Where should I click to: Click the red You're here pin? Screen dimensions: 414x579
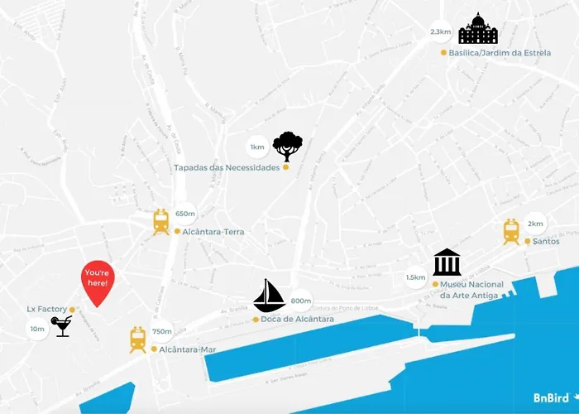[x=98, y=281]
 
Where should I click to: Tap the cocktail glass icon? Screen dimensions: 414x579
[x=61, y=326]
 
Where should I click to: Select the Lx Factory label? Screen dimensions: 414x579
[x=46, y=309]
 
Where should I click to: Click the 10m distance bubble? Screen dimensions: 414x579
[x=37, y=329]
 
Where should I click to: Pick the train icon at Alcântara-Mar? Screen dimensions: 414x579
[x=137, y=339]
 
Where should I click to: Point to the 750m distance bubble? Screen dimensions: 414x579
[x=161, y=331]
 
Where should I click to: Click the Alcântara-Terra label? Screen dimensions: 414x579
[x=213, y=232]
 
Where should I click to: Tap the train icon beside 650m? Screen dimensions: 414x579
[x=160, y=222]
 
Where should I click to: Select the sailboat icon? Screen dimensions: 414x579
[x=269, y=296]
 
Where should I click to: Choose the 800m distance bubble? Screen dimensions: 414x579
[x=301, y=301]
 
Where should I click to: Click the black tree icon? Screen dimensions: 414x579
[x=287, y=147]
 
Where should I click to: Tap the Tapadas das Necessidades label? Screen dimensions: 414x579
[x=226, y=167]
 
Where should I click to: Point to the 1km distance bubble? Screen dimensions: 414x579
[x=257, y=147]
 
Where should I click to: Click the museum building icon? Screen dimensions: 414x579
[x=447, y=262]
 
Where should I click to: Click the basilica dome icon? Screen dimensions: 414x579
[x=478, y=30]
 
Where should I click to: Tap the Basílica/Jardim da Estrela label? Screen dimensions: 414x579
[x=500, y=52]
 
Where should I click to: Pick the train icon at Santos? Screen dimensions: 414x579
[x=511, y=232]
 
